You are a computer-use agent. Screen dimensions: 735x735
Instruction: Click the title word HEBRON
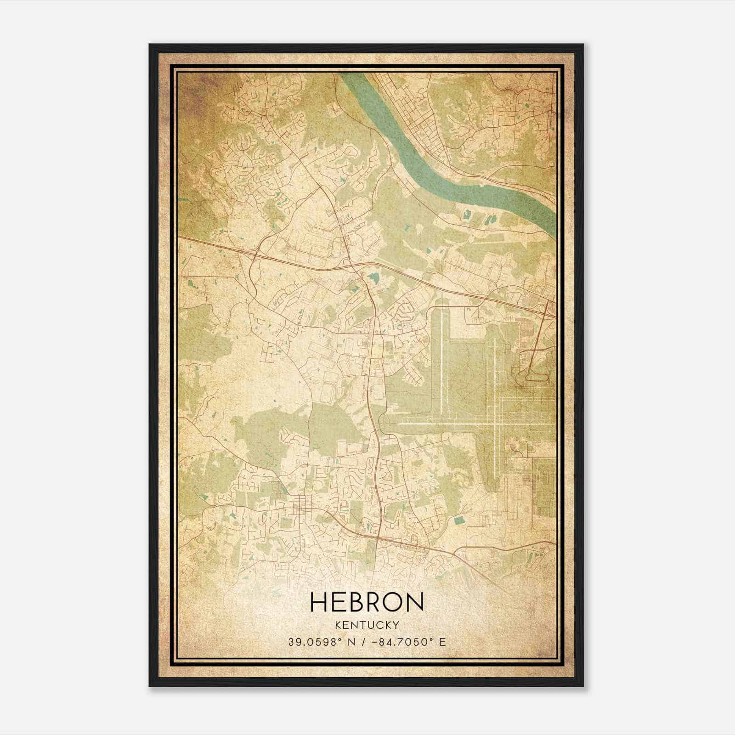click(367, 602)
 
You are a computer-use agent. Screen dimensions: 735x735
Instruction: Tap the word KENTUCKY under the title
click(367, 625)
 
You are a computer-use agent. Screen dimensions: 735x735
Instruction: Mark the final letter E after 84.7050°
click(442, 642)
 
